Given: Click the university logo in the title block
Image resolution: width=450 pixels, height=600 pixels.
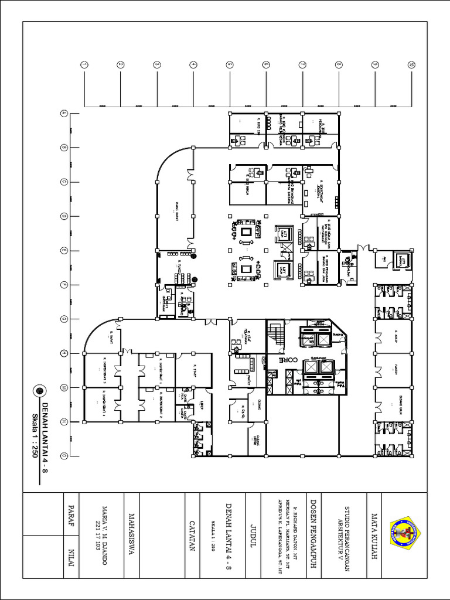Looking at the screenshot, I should pos(404,534).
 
